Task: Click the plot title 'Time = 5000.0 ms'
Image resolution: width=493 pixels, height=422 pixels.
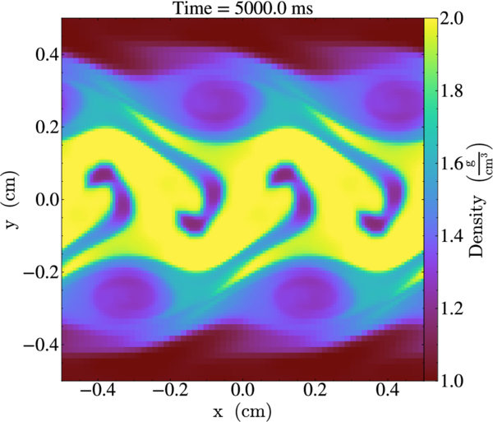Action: click(x=243, y=8)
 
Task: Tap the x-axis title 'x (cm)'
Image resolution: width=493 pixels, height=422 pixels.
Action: click(x=242, y=411)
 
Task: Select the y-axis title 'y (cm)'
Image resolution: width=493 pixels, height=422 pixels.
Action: click(x=12, y=200)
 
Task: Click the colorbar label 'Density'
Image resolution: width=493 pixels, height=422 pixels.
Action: click(x=476, y=226)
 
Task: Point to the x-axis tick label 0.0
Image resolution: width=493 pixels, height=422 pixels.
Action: click(x=242, y=391)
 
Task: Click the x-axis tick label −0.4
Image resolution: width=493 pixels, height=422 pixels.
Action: click(x=98, y=391)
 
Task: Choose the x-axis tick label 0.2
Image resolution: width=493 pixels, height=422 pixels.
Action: click(x=315, y=391)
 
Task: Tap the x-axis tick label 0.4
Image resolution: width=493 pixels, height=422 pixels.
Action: click(x=388, y=391)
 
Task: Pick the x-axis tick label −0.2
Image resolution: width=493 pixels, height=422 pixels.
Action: click(x=170, y=391)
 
